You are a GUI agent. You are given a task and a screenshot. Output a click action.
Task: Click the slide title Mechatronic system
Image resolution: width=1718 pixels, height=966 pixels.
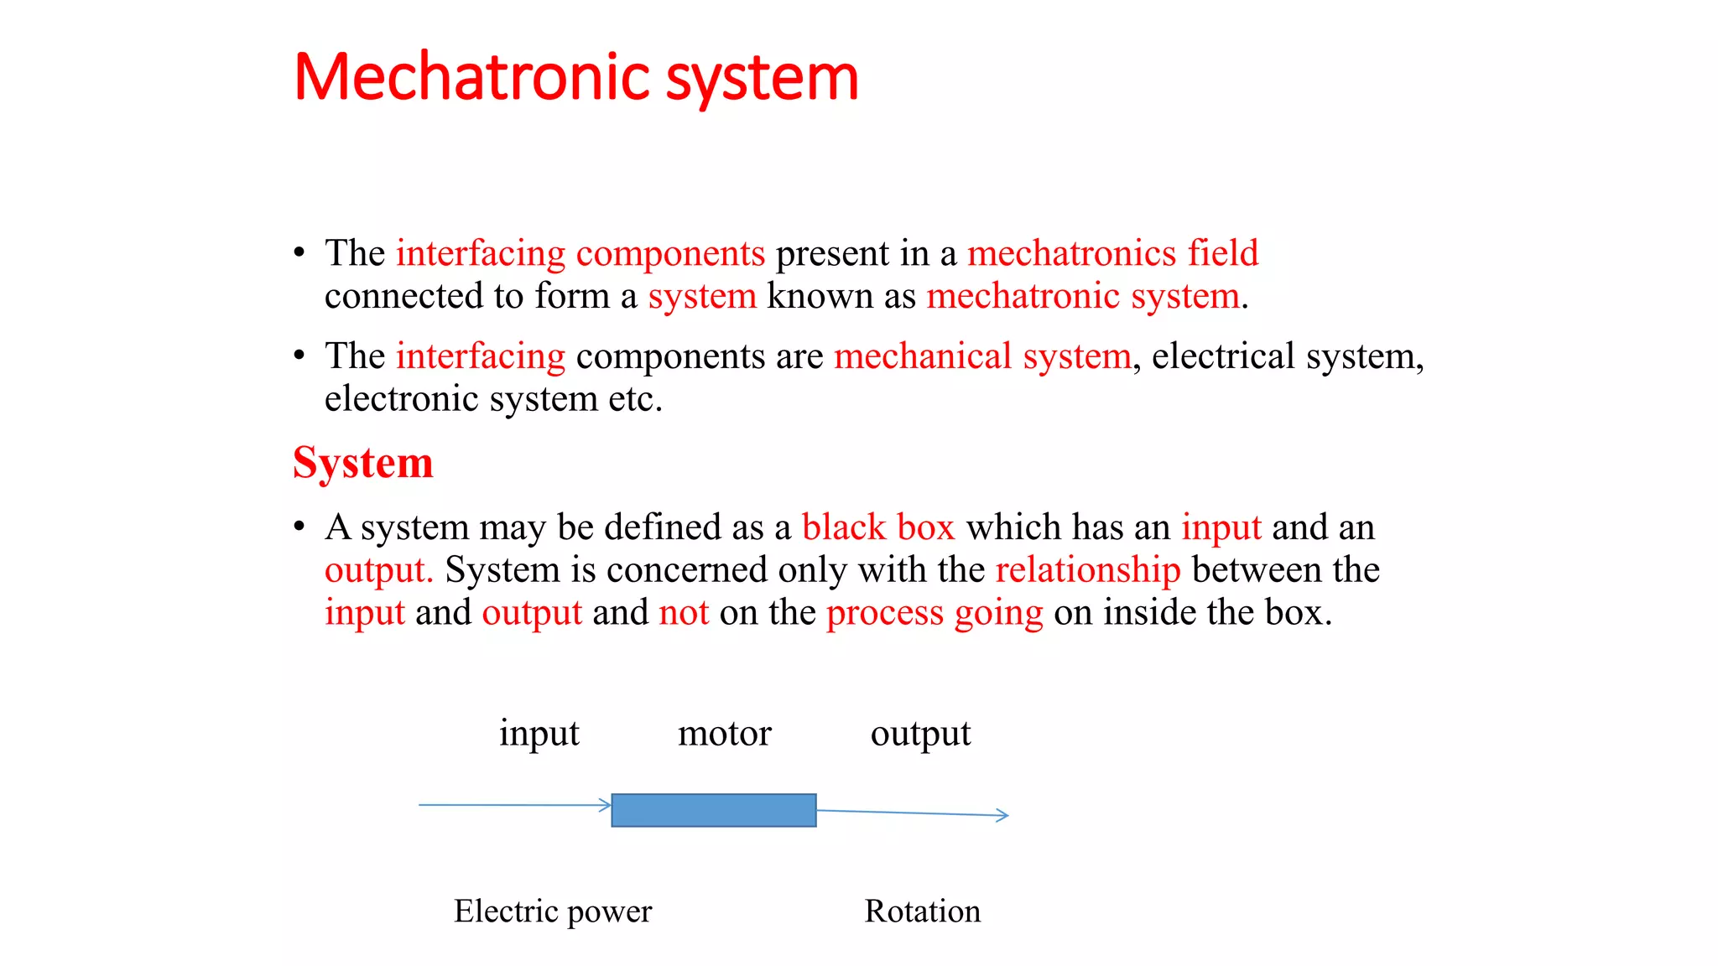(576, 78)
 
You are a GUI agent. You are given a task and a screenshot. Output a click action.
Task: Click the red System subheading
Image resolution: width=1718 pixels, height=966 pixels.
(363, 462)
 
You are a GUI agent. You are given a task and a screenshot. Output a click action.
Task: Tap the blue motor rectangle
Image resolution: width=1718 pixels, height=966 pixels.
(713, 810)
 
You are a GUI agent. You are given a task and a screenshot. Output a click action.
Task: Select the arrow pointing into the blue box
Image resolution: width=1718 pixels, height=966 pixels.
(514, 805)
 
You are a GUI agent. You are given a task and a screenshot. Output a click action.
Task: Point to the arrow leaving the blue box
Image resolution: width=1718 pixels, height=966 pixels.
(912, 813)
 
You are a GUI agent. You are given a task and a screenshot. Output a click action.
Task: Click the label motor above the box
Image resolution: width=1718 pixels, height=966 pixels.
(724, 734)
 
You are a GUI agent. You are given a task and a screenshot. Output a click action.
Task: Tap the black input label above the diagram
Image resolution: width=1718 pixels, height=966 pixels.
(539, 734)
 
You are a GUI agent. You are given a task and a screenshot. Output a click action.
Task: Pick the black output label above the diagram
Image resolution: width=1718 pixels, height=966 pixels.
(920, 734)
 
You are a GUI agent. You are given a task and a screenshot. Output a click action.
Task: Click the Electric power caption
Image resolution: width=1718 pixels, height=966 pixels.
(553, 911)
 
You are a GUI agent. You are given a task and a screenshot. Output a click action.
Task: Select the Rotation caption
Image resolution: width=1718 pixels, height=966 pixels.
(922, 911)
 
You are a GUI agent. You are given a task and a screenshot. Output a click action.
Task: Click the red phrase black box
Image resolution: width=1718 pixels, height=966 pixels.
(878, 527)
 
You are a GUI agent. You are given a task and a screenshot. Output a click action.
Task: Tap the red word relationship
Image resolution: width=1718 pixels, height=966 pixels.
(1088, 570)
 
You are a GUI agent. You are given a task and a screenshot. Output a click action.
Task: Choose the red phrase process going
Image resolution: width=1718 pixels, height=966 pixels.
(934, 613)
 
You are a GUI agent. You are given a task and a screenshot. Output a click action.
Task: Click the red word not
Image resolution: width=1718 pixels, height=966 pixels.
(684, 613)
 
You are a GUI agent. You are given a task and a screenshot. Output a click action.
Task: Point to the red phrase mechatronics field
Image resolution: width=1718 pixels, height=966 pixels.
(1112, 253)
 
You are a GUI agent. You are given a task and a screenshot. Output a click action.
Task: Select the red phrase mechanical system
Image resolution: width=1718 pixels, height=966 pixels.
(982, 356)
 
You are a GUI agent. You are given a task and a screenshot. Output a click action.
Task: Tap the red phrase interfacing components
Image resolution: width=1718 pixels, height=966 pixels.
(580, 253)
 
